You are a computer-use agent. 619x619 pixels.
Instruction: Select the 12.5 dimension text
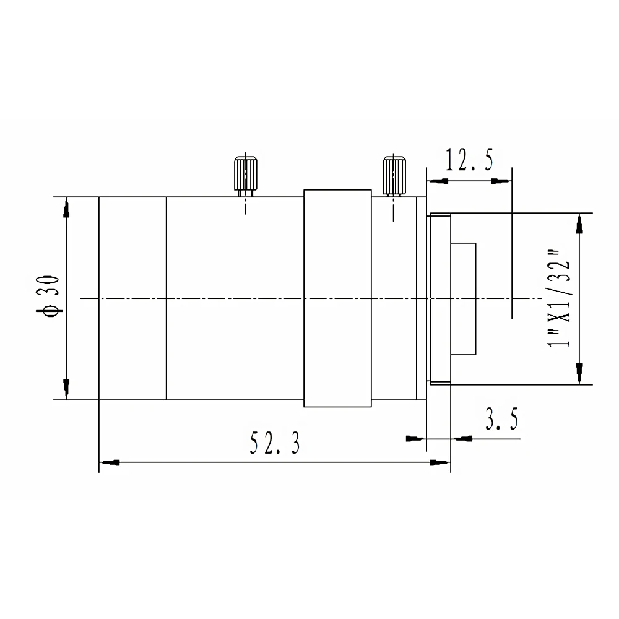[469, 160]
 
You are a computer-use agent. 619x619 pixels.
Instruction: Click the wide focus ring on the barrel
[337, 298]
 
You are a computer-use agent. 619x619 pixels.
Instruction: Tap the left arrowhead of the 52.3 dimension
[110, 462]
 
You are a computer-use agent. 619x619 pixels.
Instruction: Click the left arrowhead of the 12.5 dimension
[438, 181]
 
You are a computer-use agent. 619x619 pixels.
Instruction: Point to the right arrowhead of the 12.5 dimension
[500, 181]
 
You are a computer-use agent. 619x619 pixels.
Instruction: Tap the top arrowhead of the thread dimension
[579, 225]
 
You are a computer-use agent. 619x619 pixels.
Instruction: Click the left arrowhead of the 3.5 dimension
[414, 439]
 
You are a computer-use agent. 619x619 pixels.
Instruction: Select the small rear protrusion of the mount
[464, 299]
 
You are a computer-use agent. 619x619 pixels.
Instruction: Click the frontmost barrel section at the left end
[132, 298]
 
